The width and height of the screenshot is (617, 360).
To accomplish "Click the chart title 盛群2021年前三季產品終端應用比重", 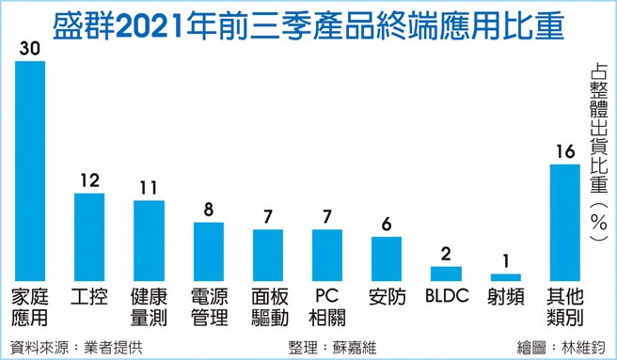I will pos(308,23).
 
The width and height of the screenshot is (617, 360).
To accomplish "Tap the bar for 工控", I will pos(89,236).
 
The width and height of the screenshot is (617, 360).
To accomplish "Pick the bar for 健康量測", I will pos(149,240).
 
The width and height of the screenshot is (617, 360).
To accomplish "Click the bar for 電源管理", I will pos(208,250).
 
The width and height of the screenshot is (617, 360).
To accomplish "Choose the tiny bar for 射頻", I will pos(505,276).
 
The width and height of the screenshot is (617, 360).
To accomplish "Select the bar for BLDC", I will pos(446,273).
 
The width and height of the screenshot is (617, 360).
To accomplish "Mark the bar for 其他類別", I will pos(564,222).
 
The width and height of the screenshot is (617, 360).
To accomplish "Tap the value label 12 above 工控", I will pos(89,181).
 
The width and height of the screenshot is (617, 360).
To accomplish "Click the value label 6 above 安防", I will pos(387,225).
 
